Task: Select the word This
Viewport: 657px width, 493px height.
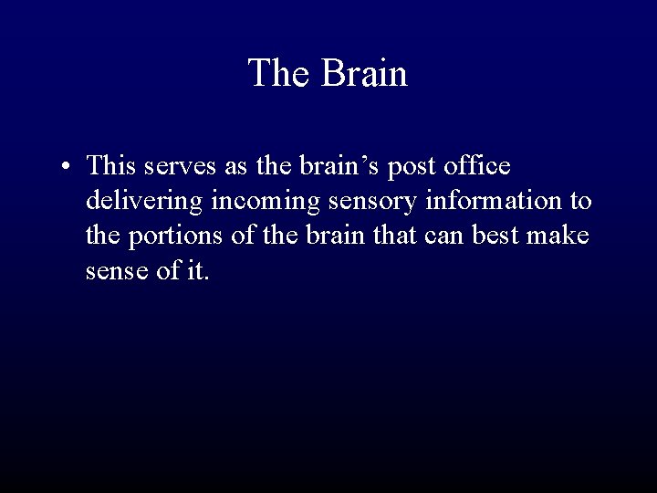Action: (112, 166)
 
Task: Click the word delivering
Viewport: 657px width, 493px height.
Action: (144, 202)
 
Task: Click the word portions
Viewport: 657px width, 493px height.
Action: (172, 236)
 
